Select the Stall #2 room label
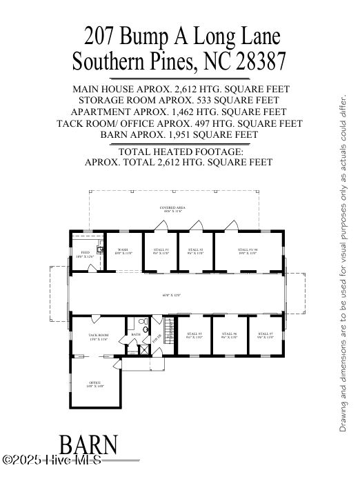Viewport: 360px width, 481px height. [x=196, y=250]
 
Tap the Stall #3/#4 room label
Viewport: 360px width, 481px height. [x=248, y=250]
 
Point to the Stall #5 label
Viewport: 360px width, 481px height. [x=194, y=334]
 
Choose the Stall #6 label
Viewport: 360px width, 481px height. [x=229, y=334]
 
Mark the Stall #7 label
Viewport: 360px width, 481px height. [x=265, y=334]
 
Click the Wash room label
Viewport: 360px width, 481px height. [x=123, y=250]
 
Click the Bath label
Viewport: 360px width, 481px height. [x=136, y=334]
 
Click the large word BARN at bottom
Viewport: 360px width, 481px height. [x=88, y=446]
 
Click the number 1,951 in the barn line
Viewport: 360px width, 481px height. [x=186, y=134]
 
